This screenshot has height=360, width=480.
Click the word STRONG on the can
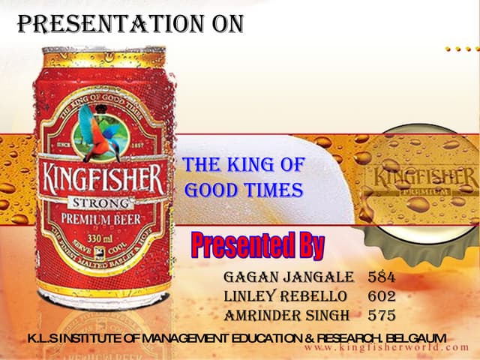coord(100,202)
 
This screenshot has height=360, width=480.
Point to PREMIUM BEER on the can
coord(101,219)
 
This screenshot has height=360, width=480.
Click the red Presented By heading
coord(257,244)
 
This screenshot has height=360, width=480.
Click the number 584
coord(382,277)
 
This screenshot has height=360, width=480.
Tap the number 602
coord(382,296)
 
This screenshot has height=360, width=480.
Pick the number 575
coord(382,315)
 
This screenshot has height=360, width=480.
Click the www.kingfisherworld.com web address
coord(385,349)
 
